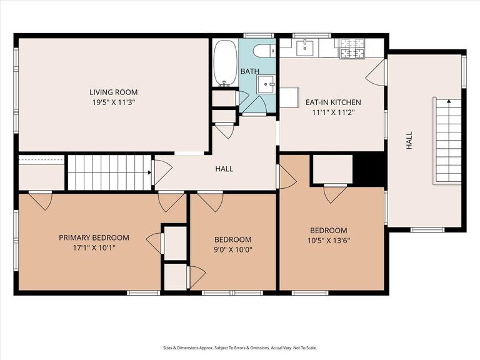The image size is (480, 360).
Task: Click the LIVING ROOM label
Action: [x=112, y=92]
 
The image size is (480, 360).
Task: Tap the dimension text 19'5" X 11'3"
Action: [x=112, y=102]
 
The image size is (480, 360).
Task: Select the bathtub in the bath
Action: [x=224, y=63]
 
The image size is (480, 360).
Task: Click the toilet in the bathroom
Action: [x=262, y=50]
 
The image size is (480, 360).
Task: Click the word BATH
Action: [x=250, y=72]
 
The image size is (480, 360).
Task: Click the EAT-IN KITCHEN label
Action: [x=332, y=102]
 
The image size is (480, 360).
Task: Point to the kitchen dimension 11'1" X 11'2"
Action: [x=332, y=112]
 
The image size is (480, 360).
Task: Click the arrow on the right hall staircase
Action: [x=448, y=101]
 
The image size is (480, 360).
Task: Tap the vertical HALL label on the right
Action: [x=409, y=143]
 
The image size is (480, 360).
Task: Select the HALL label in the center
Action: [x=224, y=169]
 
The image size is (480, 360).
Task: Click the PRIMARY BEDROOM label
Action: [x=94, y=237]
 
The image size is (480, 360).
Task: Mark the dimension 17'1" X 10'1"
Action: [x=94, y=247]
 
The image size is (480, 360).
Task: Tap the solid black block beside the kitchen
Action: [x=369, y=169]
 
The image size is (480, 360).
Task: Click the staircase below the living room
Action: [x=109, y=172]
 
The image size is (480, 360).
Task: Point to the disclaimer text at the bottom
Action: [x=240, y=348]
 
